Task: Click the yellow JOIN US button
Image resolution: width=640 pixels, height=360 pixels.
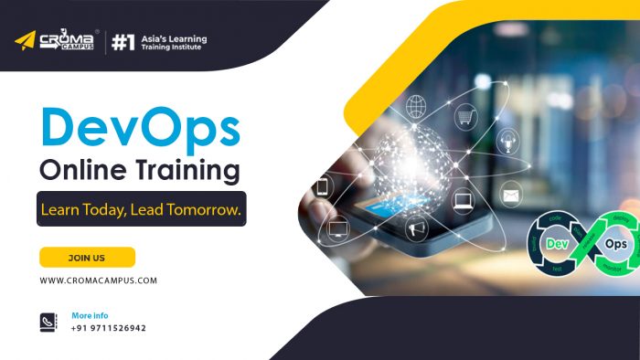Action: [87, 258]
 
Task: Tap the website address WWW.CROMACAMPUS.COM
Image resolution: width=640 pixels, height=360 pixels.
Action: [98, 281]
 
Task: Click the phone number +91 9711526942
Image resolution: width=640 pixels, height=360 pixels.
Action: [108, 328]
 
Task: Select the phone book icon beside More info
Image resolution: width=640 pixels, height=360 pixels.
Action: [48, 322]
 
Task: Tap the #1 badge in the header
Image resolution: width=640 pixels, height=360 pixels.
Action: [123, 42]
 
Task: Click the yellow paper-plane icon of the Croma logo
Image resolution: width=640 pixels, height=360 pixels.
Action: [25, 41]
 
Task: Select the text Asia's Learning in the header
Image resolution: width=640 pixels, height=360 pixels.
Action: [176, 39]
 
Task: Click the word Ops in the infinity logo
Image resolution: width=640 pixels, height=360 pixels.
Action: [616, 245]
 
